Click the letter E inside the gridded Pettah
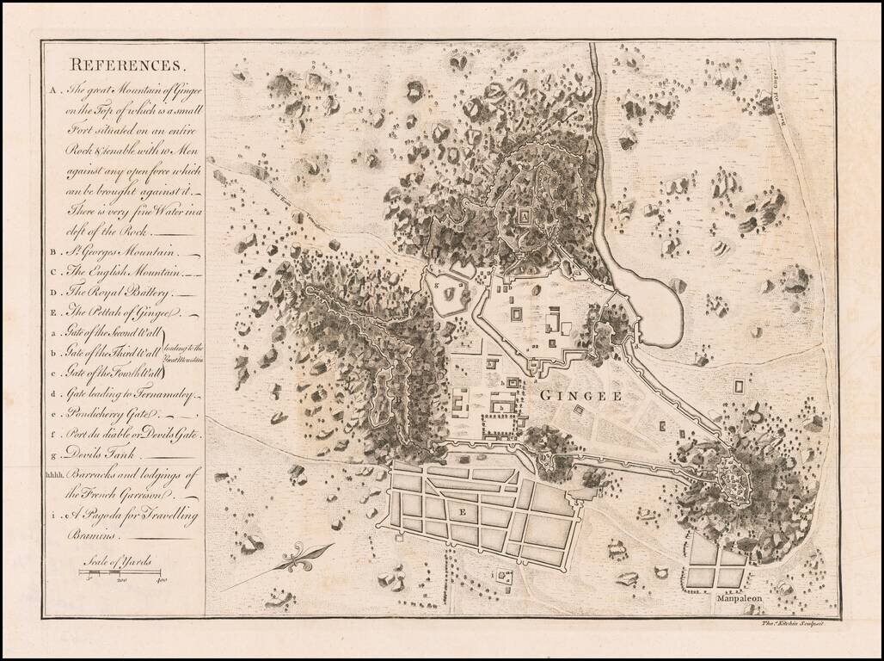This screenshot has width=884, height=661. tap(462, 510)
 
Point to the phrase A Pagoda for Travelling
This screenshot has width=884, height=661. tap(134, 515)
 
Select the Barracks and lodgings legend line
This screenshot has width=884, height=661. tap(132, 474)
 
